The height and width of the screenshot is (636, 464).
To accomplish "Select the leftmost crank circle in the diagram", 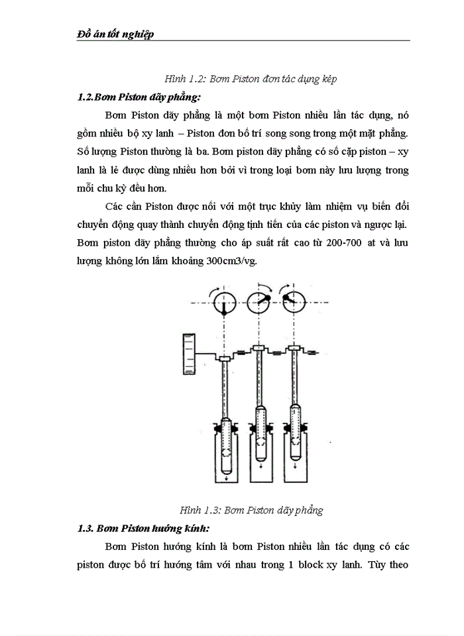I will [226, 303].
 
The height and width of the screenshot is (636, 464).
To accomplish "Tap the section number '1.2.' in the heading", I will [86, 97].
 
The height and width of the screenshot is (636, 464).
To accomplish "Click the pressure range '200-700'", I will [343, 242].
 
